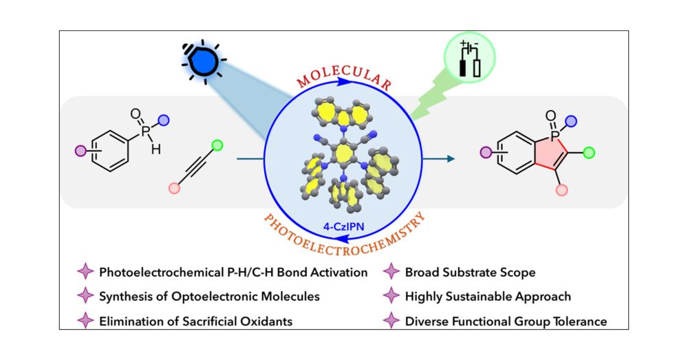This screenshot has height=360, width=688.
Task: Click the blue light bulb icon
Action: [x=202, y=62]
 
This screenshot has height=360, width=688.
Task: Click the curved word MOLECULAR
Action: [x=344, y=77]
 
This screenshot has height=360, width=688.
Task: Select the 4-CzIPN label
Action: [x=344, y=224]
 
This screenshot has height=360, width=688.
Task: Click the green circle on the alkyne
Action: [x=217, y=145]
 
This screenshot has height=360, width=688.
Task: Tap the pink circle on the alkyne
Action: [x=174, y=188]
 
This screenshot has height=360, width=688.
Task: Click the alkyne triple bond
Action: [x=195, y=167]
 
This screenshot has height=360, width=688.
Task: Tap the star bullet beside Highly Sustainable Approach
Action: [x=392, y=296]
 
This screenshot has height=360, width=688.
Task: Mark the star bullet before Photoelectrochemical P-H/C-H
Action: [x=86, y=273]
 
